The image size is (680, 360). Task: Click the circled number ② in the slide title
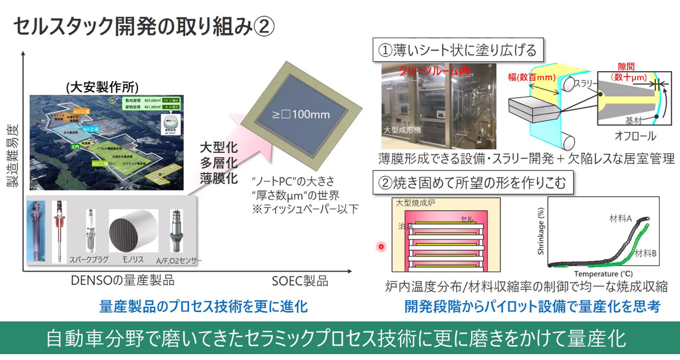click(264, 27)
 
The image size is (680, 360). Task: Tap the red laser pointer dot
click(381, 246)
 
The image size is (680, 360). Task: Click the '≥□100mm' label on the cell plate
click(301, 115)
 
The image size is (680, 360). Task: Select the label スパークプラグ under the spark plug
click(89, 259)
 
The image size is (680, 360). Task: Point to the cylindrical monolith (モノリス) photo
click(133, 231)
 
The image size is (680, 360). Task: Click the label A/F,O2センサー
click(178, 261)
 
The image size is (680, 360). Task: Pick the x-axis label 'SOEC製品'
click(300, 281)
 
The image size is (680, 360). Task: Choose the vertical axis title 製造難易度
click(13, 156)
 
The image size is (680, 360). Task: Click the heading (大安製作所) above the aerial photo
click(102, 87)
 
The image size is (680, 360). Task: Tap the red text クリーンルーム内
click(434, 71)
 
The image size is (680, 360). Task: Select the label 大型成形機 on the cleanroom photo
click(402, 130)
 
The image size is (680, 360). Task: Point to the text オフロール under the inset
click(635, 136)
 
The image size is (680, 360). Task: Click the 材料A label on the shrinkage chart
click(620, 218)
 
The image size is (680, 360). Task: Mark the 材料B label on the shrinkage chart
click(645, 253)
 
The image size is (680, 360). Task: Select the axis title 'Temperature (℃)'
click(603, 274)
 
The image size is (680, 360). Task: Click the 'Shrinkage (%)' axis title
click(541, 231)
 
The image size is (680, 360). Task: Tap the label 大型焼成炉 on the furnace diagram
click(415, 203)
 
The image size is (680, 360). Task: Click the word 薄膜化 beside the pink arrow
click(219, 178)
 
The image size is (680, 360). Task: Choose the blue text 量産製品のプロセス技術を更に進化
click(204, 307)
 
